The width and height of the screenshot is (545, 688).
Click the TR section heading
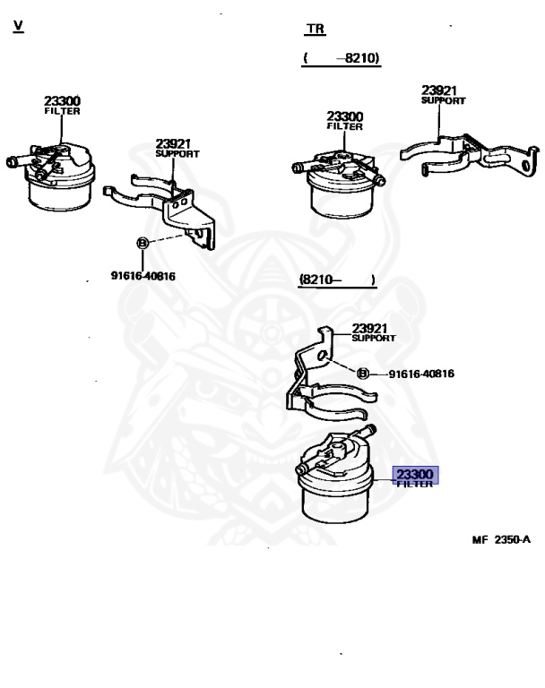pos(315,29)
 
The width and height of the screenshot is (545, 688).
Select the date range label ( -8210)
pos(341,58)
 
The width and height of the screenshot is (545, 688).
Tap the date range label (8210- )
pos(337,280)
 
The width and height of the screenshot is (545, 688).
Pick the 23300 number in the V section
pos(63,101)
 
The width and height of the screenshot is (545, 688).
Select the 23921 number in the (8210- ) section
pos(370,328)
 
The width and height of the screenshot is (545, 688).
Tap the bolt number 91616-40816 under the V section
pos(143,276)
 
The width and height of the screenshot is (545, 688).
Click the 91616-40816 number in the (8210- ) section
pos(421,374)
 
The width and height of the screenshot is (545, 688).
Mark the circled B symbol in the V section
pos(141,243)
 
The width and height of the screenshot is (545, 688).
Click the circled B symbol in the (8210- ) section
pos(363,374)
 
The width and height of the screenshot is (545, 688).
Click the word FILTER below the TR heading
pos(344,127)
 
